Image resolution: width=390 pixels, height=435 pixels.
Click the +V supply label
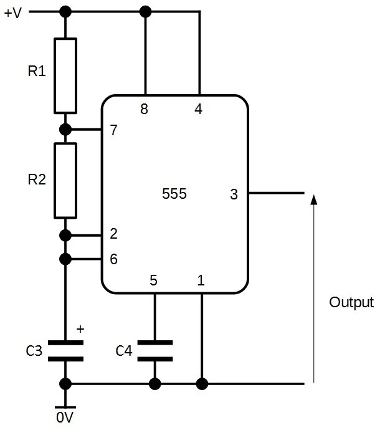tap(12, 12)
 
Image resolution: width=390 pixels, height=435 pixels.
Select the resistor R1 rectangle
tap(65, 75)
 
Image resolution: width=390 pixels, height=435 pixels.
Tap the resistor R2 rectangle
tap(65, 180)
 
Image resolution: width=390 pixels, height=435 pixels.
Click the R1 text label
tap(37, 72)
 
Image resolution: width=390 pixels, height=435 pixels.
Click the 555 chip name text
tap(174, 194)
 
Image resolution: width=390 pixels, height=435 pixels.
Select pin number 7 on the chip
tap(113, 130)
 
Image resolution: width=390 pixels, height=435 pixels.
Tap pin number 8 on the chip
tap(145, 110)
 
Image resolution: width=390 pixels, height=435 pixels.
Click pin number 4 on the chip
tap(198, 110)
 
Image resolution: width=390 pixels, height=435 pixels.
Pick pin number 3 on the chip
tap(234, 194)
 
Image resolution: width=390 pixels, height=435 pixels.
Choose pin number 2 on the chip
tap(113, 234)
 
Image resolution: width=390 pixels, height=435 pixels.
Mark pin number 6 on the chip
tap(113, 259)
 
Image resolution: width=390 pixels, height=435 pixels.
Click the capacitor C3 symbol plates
tap(65, 350)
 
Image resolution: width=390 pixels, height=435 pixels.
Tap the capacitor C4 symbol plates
tap(155, 350)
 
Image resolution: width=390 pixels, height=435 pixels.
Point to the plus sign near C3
tap(79, 328)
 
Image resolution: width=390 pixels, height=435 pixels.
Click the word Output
tap(351, 303)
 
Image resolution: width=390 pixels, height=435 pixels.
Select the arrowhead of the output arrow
tap(313, 199)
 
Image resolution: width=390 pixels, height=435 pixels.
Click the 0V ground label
tap(65, 418)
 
